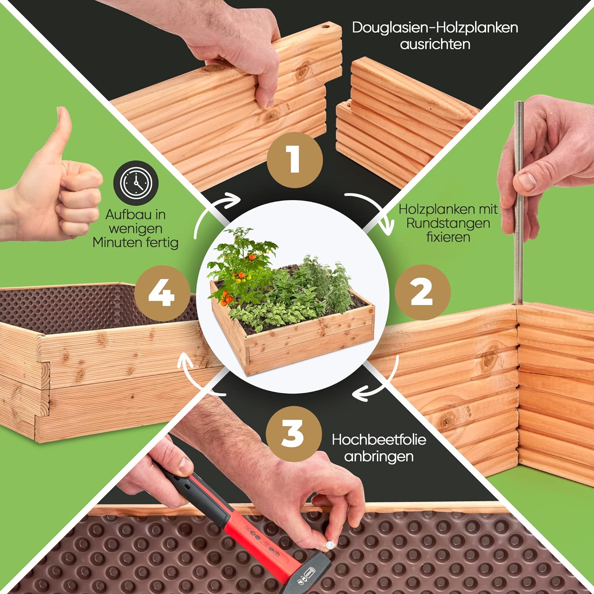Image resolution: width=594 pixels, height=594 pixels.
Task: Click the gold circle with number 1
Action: pyautogui.click(x=294, y=159)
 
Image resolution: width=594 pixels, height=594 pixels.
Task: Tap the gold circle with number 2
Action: pyautogui.click(x=423, y=293)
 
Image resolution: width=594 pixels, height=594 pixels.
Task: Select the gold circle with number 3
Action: pyautogui.click(x=293, y=433)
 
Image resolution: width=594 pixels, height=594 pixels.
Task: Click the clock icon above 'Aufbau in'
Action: pyautogui.click(x=136, y=183)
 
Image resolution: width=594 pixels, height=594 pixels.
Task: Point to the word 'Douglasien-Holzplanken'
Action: pyautogui.click(x=435, y=28)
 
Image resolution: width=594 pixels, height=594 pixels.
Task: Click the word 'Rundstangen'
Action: pyautogui.click(x=448, y=223)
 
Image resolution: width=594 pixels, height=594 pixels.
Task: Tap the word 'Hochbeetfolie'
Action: pyautogui.click(x=379, y=440)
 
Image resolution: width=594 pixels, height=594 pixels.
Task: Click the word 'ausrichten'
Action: pyautogui.click(x=435, y=44)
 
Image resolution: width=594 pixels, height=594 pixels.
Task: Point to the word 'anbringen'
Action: pyautogui.click(x=379, y=456)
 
